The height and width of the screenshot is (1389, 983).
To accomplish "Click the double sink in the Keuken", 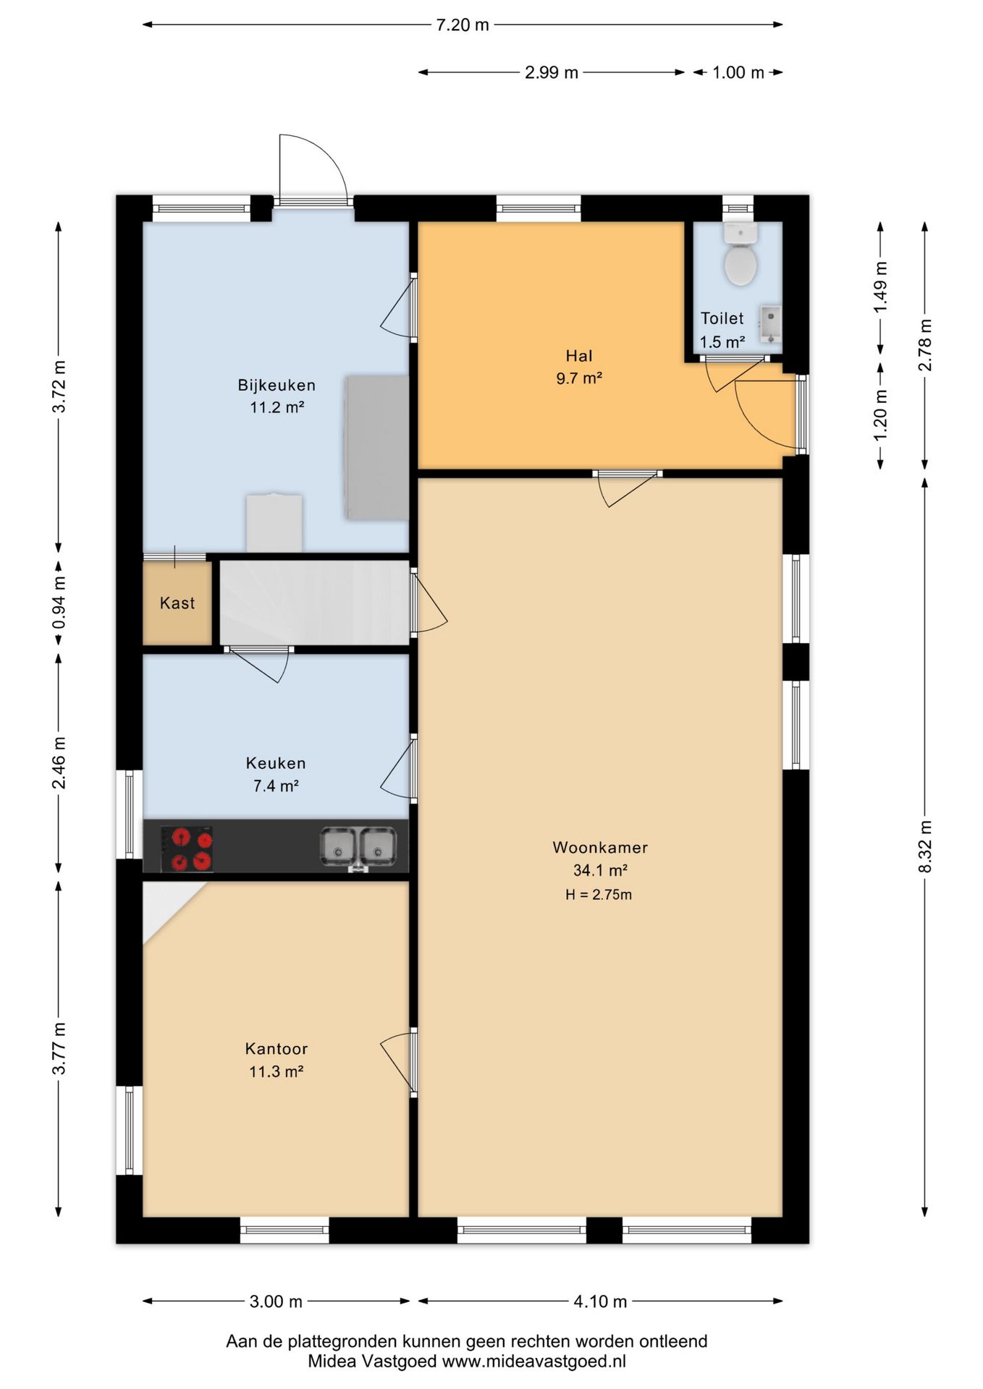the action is click(358, 847).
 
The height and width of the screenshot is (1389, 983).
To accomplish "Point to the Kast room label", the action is click(177, 603).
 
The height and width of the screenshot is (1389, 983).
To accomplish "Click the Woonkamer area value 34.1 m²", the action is click(600, 870).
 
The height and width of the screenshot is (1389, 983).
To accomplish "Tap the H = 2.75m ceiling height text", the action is click(599, 895).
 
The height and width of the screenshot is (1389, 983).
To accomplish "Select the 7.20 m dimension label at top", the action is click(463, 25).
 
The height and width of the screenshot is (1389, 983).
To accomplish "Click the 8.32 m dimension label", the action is click(925, 846).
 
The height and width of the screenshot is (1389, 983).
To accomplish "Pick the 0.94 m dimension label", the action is click(59, 603).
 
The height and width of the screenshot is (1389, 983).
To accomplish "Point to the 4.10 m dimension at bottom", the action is click(600, 1301).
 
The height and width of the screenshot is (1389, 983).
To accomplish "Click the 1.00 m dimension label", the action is click(738, 72).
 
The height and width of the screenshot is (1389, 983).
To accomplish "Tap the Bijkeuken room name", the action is click(277, 385).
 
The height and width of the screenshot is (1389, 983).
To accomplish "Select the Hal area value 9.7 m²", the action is click(579, 378).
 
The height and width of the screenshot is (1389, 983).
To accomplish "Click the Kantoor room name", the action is click(277, 1048).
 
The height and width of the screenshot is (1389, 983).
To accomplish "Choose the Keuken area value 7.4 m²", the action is click(276, 786).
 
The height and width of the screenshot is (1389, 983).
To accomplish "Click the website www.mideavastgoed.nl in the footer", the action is click(533, 1361).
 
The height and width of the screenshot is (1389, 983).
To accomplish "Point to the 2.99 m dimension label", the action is click(552, 72).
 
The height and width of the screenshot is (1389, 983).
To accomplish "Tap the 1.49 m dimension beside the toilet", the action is click(880, 287).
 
